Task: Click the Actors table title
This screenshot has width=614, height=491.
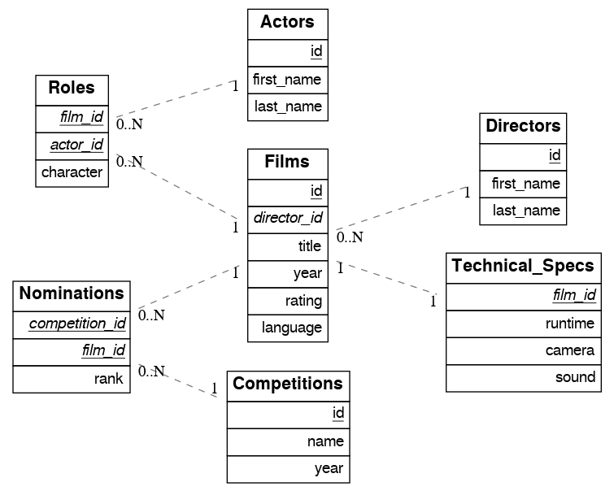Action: point(287,23)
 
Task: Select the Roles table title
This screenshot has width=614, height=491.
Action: point(72,89)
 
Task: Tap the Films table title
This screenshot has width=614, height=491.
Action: point(287,162)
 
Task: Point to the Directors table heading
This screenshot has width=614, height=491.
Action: point(522,127)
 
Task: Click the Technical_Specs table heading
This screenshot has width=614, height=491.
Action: point(522,267)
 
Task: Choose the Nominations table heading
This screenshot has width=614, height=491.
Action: point(72,293)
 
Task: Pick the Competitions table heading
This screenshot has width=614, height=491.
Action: point(288,384)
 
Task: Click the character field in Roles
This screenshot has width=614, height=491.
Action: point(72,172)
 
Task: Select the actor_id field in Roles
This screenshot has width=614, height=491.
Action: point(76,146)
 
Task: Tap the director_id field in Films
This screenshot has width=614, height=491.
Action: point(288,219)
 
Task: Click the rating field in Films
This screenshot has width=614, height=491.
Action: point(303,301)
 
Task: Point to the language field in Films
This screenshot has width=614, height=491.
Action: point(292,328)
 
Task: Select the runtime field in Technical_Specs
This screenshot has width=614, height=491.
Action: point(569,324)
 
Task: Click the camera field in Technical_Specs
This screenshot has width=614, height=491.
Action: point(569,351)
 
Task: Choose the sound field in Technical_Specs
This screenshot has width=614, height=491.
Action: point(574,378)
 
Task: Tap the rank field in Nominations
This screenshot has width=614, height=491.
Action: point(108,378)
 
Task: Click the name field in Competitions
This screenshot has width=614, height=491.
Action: point(325,441)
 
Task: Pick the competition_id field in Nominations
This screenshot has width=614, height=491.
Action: point(77,324)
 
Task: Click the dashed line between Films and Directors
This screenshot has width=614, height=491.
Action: point(398,211)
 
